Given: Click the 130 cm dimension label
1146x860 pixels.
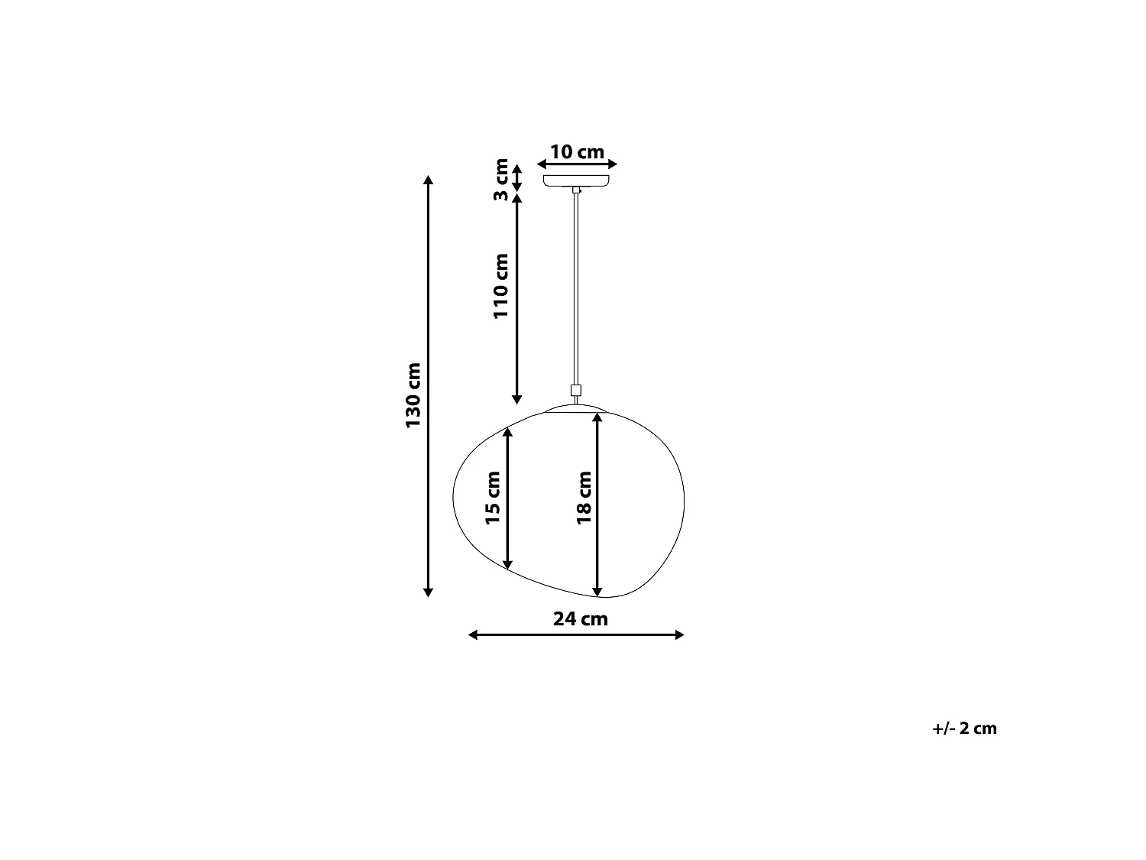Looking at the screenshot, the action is click(413, 395).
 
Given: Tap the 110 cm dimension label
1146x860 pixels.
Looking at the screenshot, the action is click(500, 286).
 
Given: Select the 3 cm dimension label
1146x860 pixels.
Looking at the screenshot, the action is click(500, 180).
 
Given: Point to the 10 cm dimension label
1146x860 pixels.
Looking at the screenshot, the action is click(577, 152).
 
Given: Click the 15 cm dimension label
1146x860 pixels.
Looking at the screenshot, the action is click(492, 498).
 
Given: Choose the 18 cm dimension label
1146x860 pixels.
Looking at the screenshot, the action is click(584, 498).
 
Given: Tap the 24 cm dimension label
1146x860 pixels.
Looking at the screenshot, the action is click(581, 618).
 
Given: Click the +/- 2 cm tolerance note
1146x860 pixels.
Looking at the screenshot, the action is click(964, 729).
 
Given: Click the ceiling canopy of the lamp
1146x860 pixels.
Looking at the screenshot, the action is click(576, 180).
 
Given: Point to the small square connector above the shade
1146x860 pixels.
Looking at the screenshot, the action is click(576, 390).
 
